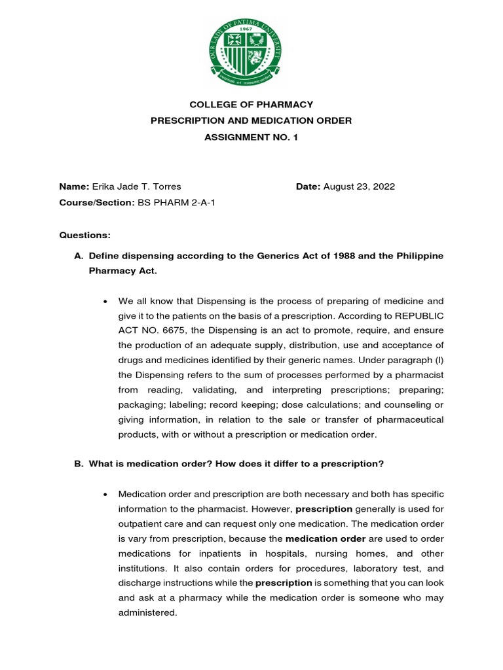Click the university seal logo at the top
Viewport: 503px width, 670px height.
click(251, 53)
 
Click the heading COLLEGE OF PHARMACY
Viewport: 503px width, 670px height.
click(251, 105)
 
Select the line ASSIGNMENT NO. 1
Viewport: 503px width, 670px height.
click(251, 137)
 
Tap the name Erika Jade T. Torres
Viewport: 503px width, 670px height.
click(136, 186)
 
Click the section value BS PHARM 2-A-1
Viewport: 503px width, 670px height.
click(176, 203)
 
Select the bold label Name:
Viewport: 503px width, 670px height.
click(74, 186)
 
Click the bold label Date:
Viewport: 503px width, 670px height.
click(308, 186)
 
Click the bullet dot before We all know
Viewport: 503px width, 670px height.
click(105, 302)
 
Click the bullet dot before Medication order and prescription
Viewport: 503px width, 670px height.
click(105, 493)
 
